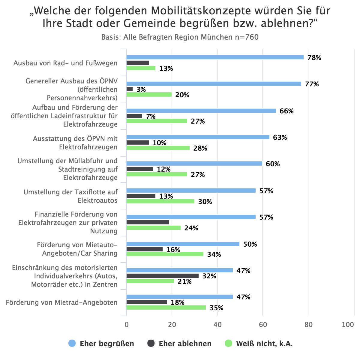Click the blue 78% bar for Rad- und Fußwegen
point(215,57)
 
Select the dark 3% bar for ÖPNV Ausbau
point(130,89)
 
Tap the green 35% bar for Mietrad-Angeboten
point(166,307)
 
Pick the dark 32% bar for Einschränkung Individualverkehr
point(162,276)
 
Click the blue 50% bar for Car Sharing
point(183,244)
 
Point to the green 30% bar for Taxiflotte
point(160,201)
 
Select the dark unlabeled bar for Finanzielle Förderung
point(148,222)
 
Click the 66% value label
point(286,111)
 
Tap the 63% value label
point(280,137)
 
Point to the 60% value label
point(273,164)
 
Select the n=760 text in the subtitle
point(246,37)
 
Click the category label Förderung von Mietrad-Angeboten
point(62,302)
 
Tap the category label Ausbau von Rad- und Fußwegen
point(65,63)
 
